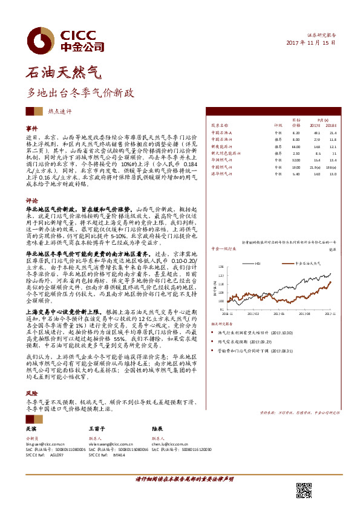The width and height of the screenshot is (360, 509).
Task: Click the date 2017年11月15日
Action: point(310,44)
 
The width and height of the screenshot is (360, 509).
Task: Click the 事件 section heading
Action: point(31,129)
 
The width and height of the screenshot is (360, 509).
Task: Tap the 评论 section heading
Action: point(31,199)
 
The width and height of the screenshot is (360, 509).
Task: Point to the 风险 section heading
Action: point(31,392)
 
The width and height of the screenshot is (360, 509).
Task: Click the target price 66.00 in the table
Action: point(296,146)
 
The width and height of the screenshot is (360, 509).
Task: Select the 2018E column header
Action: point(332,125)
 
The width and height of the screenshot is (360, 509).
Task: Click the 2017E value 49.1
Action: point(316,132)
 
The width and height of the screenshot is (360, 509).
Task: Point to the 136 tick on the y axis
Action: point(222,267)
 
